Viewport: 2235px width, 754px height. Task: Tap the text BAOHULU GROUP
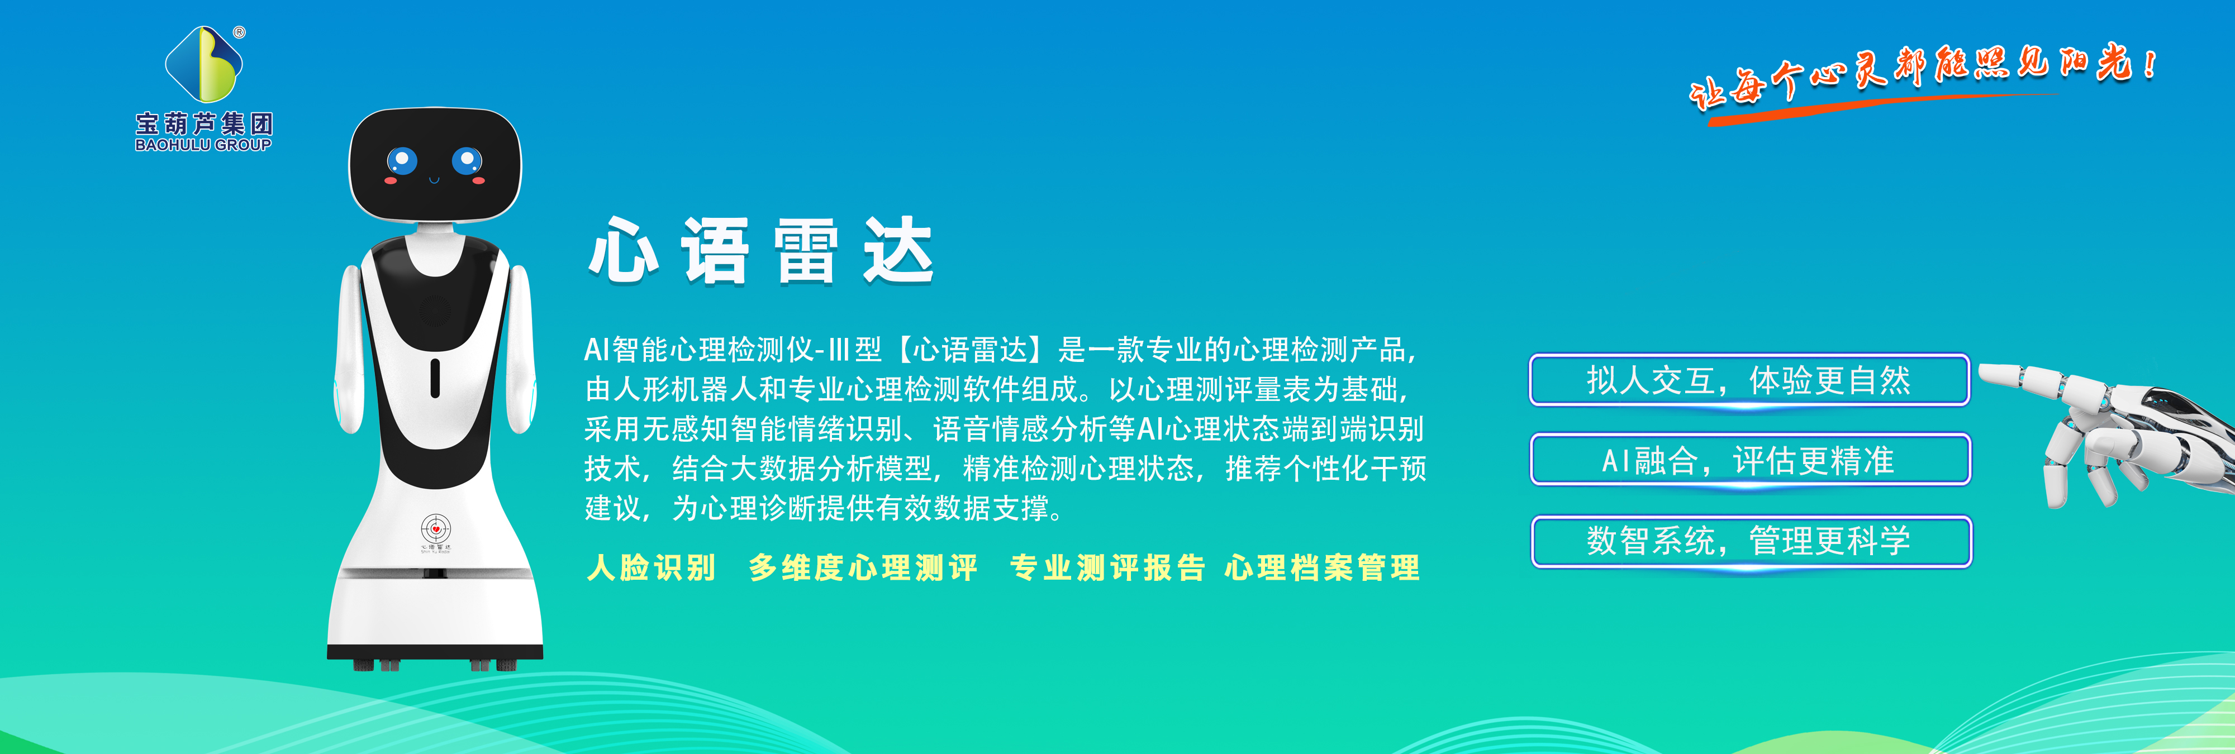[203, 145]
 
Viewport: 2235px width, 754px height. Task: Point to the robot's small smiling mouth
[434, 180]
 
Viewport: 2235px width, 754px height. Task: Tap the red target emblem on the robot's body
[436, 528]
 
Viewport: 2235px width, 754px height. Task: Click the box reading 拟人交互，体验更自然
[1749, 380]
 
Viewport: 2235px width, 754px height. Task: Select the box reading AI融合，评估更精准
[1750, 460]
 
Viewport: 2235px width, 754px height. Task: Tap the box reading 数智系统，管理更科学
[1751, 541]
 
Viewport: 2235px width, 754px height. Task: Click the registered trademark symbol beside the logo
[240, 32]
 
